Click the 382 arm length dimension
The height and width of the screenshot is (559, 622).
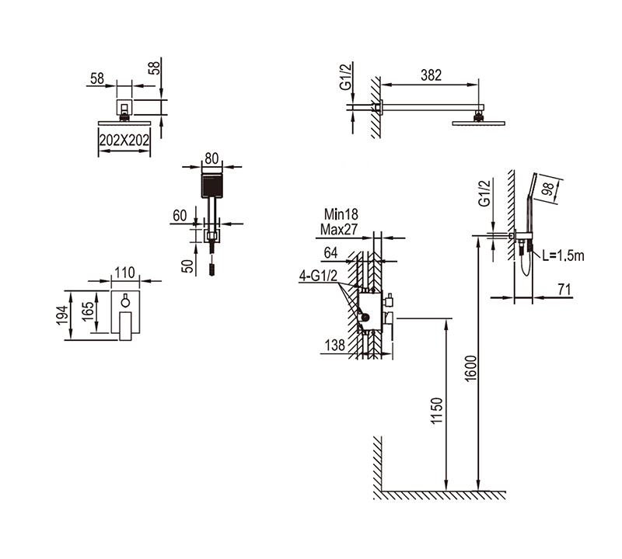431,75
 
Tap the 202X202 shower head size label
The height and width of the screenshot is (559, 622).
124,140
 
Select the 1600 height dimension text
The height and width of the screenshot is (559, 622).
470,369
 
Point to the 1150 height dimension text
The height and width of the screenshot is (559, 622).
436,411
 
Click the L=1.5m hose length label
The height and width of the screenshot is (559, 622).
563,255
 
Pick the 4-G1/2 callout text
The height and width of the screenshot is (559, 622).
318,276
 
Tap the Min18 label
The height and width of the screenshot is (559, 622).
341,214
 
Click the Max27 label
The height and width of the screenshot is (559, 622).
339,229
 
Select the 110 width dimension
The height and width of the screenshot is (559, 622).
124,273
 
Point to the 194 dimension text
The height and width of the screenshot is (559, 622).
63,315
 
